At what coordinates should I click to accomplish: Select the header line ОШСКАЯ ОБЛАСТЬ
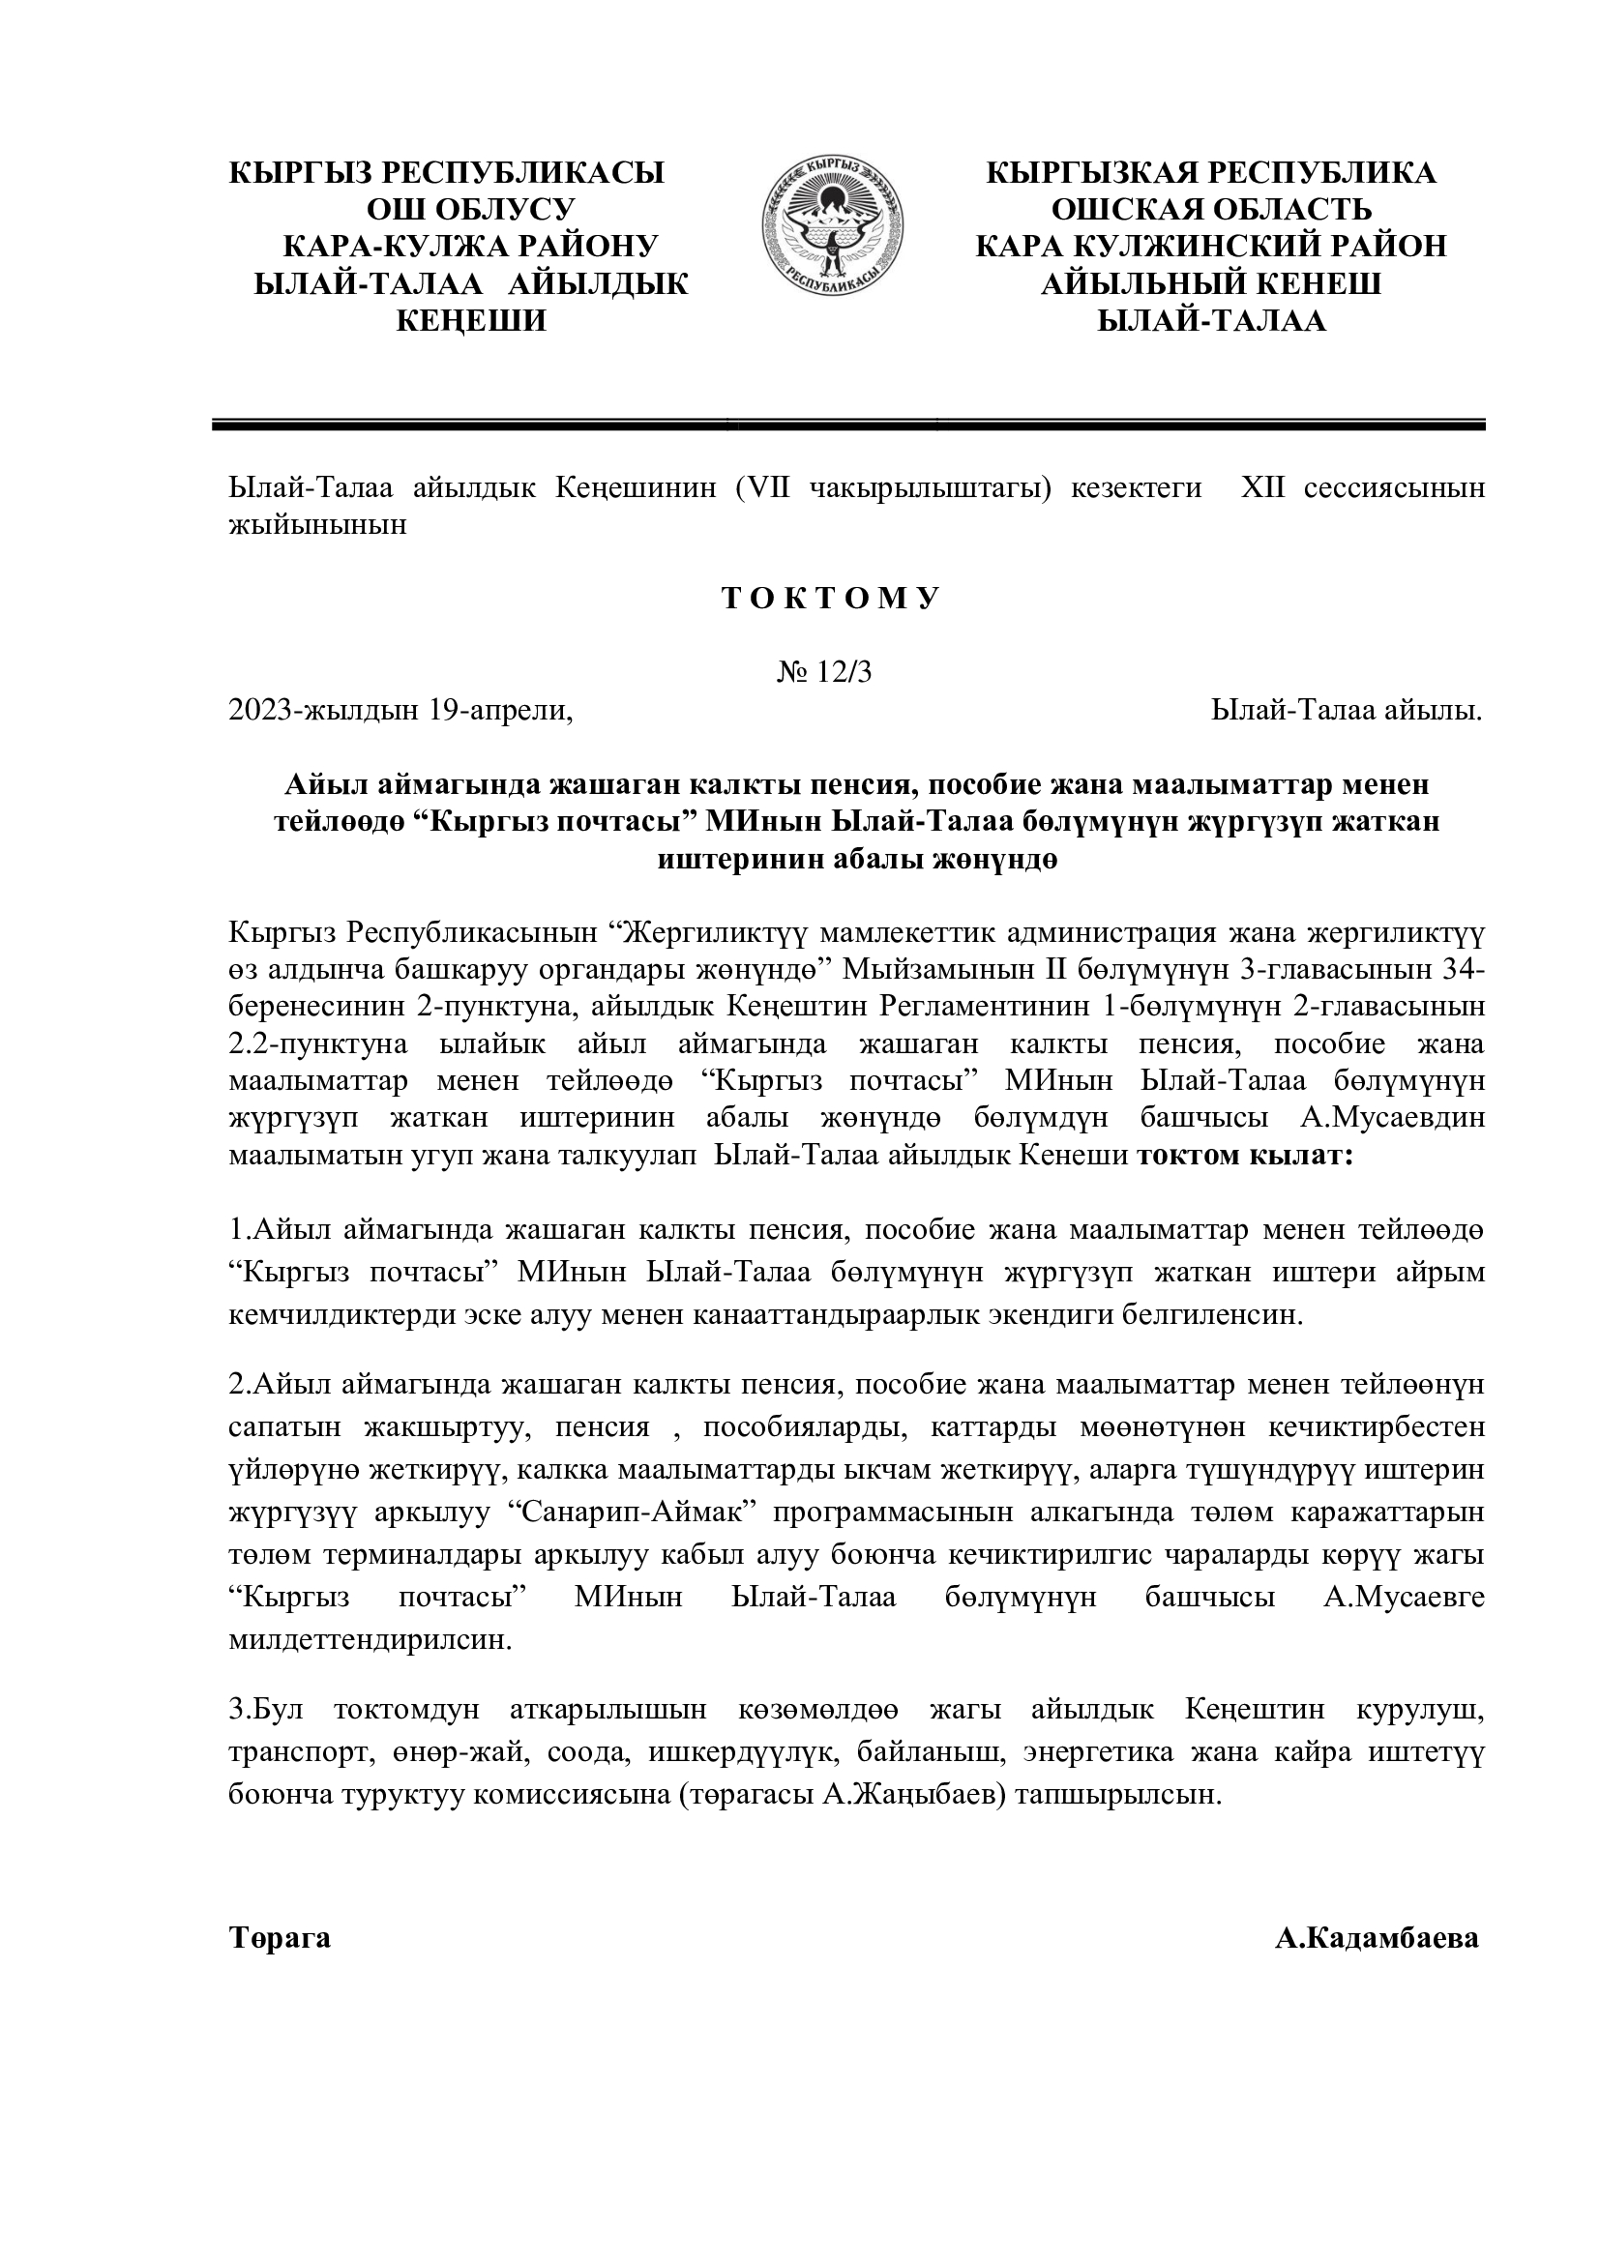[x=1211, y=210]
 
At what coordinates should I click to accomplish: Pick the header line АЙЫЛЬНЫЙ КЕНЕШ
[x=1211, y=283]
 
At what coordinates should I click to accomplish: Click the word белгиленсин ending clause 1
[x=1214, y=1315]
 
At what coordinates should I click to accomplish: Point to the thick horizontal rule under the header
[x=848, y=426]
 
